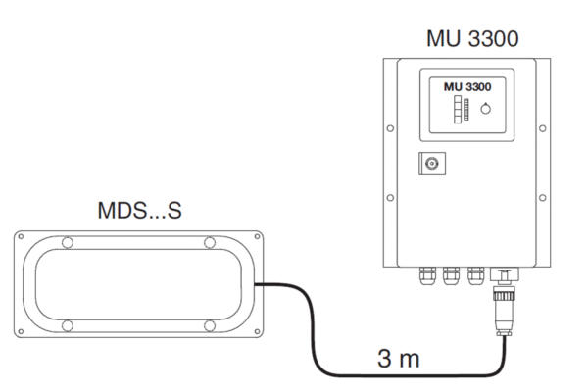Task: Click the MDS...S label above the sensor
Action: (x=136, y=211)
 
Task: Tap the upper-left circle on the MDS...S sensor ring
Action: (x=66, y=242)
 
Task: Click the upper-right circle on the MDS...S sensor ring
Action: (x=209, y=242)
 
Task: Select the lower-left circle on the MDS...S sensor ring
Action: (x=66, y=324)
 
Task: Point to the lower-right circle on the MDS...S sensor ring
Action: (x=209, y=324)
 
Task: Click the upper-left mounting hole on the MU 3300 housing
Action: (x=392, y=127)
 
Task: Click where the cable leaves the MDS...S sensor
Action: (x=258, y=284)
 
